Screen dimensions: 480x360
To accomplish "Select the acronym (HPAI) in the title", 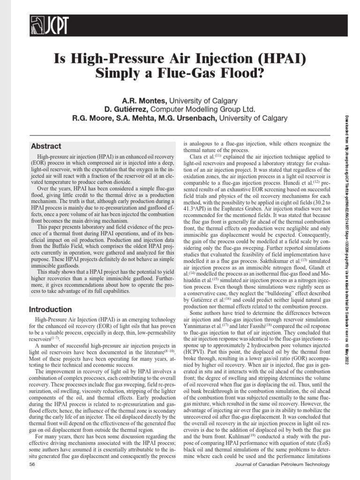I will pos(279,59).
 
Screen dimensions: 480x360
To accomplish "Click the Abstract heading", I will pos(46,146).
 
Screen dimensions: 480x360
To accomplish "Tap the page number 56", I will pos(32,464).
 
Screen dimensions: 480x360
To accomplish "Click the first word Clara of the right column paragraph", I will pos(195,156).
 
